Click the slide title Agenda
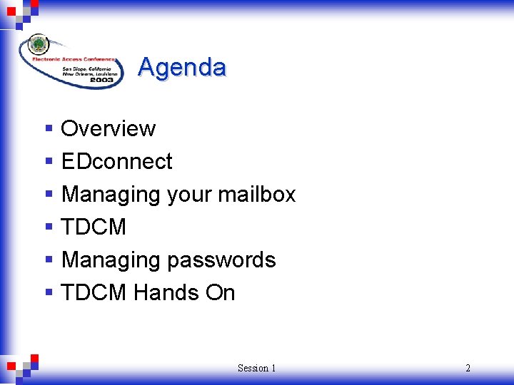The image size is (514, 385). [182, 67]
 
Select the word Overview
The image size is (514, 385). [108, 128]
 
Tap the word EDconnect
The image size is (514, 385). [116, 161]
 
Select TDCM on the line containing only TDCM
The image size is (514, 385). [94, 227]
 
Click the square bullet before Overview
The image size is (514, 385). [49, 129]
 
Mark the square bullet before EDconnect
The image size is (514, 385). [49, 162]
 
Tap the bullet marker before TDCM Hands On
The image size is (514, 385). [49, 293]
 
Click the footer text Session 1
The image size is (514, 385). [256, 368]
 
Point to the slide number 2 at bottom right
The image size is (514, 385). [468, 368]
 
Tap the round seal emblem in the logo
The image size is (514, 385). [38, 45]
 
